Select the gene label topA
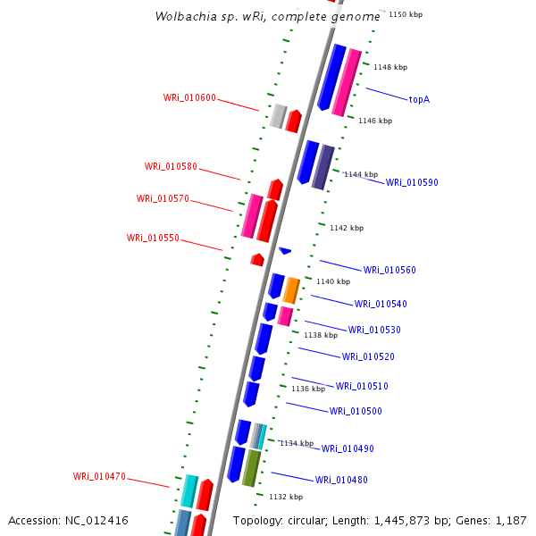[x=419, y=99]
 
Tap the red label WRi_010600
[x=189, y=97]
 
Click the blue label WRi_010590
[x=412, y=182]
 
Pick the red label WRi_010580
[x=171, y=166]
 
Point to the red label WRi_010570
[x=163, y=198]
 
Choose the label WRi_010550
[x=153, y=238]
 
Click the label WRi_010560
[x=389, y=270]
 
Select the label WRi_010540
[x=381, y=304]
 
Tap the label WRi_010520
[x=368, y=356]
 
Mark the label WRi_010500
[x=356, y=411]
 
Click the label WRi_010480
[x=341, y=480]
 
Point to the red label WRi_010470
[x=99, y=476]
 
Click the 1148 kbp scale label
[x=389, y=67]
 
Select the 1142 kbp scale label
[x=347, y=228]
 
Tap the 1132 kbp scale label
[x=286, y=497]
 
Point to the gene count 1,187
[x=511, y=520]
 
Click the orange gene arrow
[x=291, y=289]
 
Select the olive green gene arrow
[x=251, y=467]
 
